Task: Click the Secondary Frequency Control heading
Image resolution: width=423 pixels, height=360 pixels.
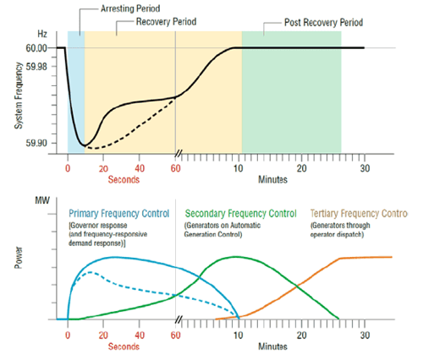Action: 240,213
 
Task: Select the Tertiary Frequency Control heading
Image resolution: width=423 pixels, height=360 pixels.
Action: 359,213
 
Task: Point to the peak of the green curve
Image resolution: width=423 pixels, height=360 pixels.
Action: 235,257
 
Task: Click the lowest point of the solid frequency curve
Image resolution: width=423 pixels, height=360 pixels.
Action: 83,145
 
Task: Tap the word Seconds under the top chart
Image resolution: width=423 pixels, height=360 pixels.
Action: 123,178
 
